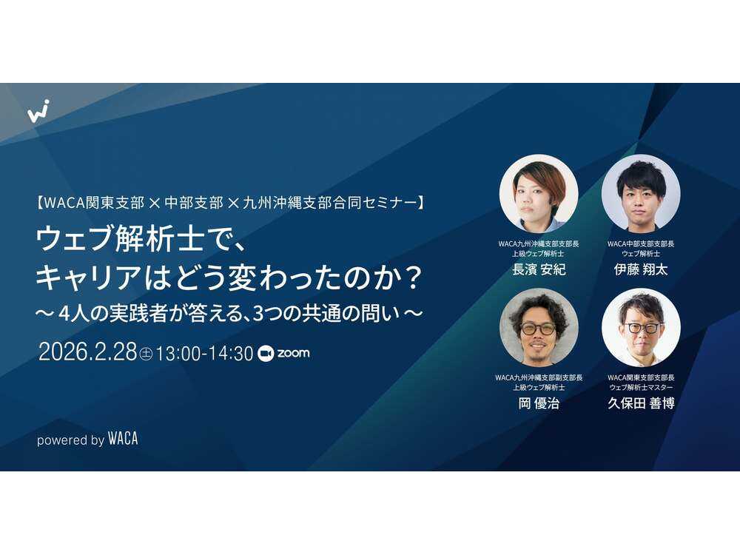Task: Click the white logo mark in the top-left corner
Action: click(x=38, y=110)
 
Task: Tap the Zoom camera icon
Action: click(x=266, y=354)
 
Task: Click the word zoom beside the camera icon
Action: click(x=293, y=354)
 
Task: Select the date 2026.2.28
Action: click(x=87, y=353)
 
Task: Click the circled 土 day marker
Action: click(x=146, y=354)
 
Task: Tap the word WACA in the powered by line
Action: click(x=123, y=439)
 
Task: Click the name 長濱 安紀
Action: click(x=539, y=269)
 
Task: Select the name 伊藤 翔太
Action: click(x=641, y=269)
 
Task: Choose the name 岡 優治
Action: click(x=539, y=403)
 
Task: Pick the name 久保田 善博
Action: click(x=641, y=403)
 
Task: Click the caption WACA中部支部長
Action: click(x=641, y=243)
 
